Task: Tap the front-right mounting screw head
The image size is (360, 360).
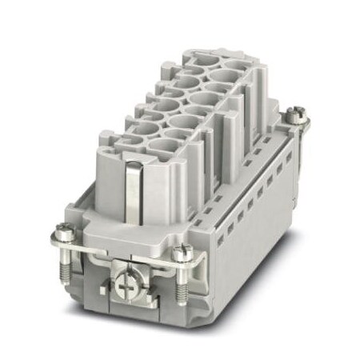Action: click(x=180, y=254)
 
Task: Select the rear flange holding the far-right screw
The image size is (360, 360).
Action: click(x=294, y=128)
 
